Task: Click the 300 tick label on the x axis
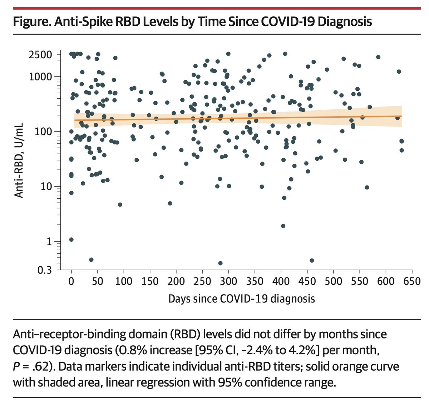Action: [228, 281]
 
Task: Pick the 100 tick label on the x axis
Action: [123, 281]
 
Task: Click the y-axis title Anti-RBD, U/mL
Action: [19, 160]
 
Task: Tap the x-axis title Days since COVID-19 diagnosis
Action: [241, 298]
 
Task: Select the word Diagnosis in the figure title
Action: [345, 21]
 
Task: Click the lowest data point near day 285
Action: [220, 263]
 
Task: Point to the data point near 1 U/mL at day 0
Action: [71, 239]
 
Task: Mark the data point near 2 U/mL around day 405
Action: [283, 226]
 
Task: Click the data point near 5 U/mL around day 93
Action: [120, 204]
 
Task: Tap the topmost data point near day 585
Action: [378, 57]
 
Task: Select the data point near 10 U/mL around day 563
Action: [367, 187]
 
